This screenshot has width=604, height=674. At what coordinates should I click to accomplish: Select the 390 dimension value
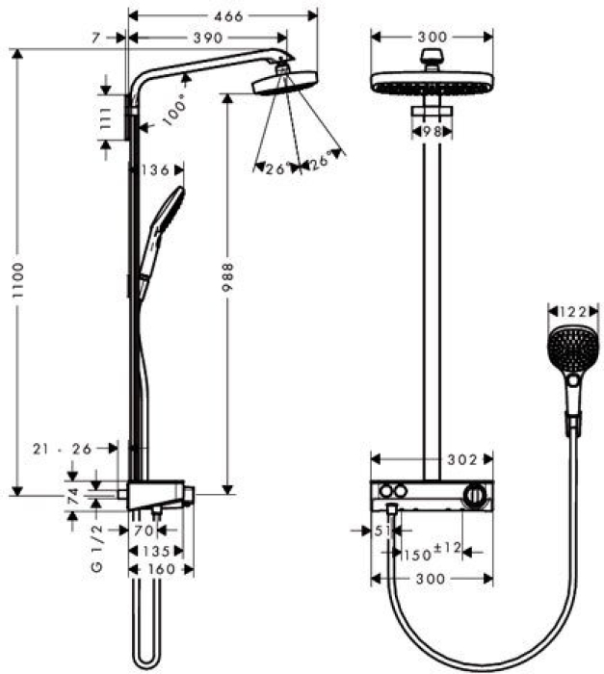point(207,39)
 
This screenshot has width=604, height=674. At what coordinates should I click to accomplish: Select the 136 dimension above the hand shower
point(155,170)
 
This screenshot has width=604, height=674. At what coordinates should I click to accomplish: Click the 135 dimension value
point(155,551)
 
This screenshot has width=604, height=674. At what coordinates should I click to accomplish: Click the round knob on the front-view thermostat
point(473,495)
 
